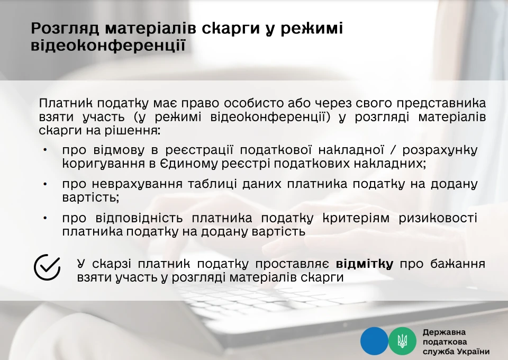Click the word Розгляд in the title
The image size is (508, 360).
[65, 29]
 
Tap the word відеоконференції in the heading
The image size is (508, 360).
[108, 45]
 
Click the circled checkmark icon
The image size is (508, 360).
[47, 267]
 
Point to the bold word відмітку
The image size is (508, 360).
[365, 264]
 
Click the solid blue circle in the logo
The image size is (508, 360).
[374, 341]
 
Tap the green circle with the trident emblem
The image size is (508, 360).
[402, 341]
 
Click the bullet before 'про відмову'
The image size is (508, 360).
[45, 150]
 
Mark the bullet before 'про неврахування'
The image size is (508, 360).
[45, 184]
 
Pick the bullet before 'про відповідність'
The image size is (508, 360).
[45, 218]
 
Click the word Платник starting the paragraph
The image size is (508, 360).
[66, 103]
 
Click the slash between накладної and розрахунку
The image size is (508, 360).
[393, 150]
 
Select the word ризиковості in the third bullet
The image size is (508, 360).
[438, 218]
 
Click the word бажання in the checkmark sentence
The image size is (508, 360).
[458, 264]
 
